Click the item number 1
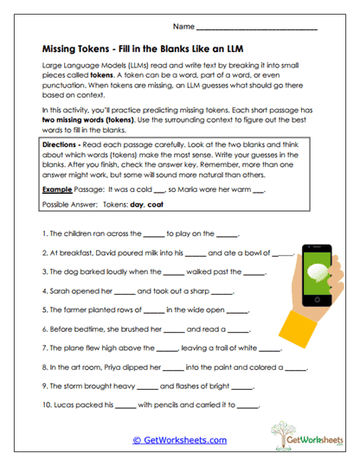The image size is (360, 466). (x=44, y=234)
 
